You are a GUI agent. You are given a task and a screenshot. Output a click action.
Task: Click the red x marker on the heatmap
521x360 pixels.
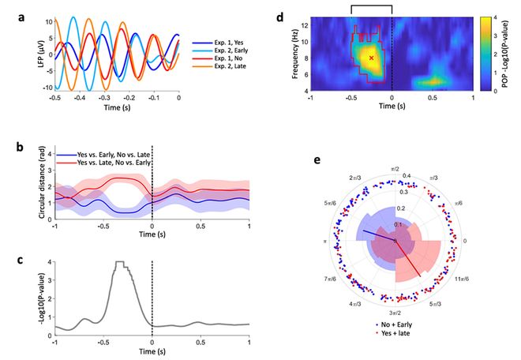(x=371, y=58)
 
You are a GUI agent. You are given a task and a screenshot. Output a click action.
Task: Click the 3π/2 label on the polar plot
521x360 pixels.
(x=384, y=313)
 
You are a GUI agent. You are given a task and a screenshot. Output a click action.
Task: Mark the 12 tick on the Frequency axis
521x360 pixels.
(x=304, y=24)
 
